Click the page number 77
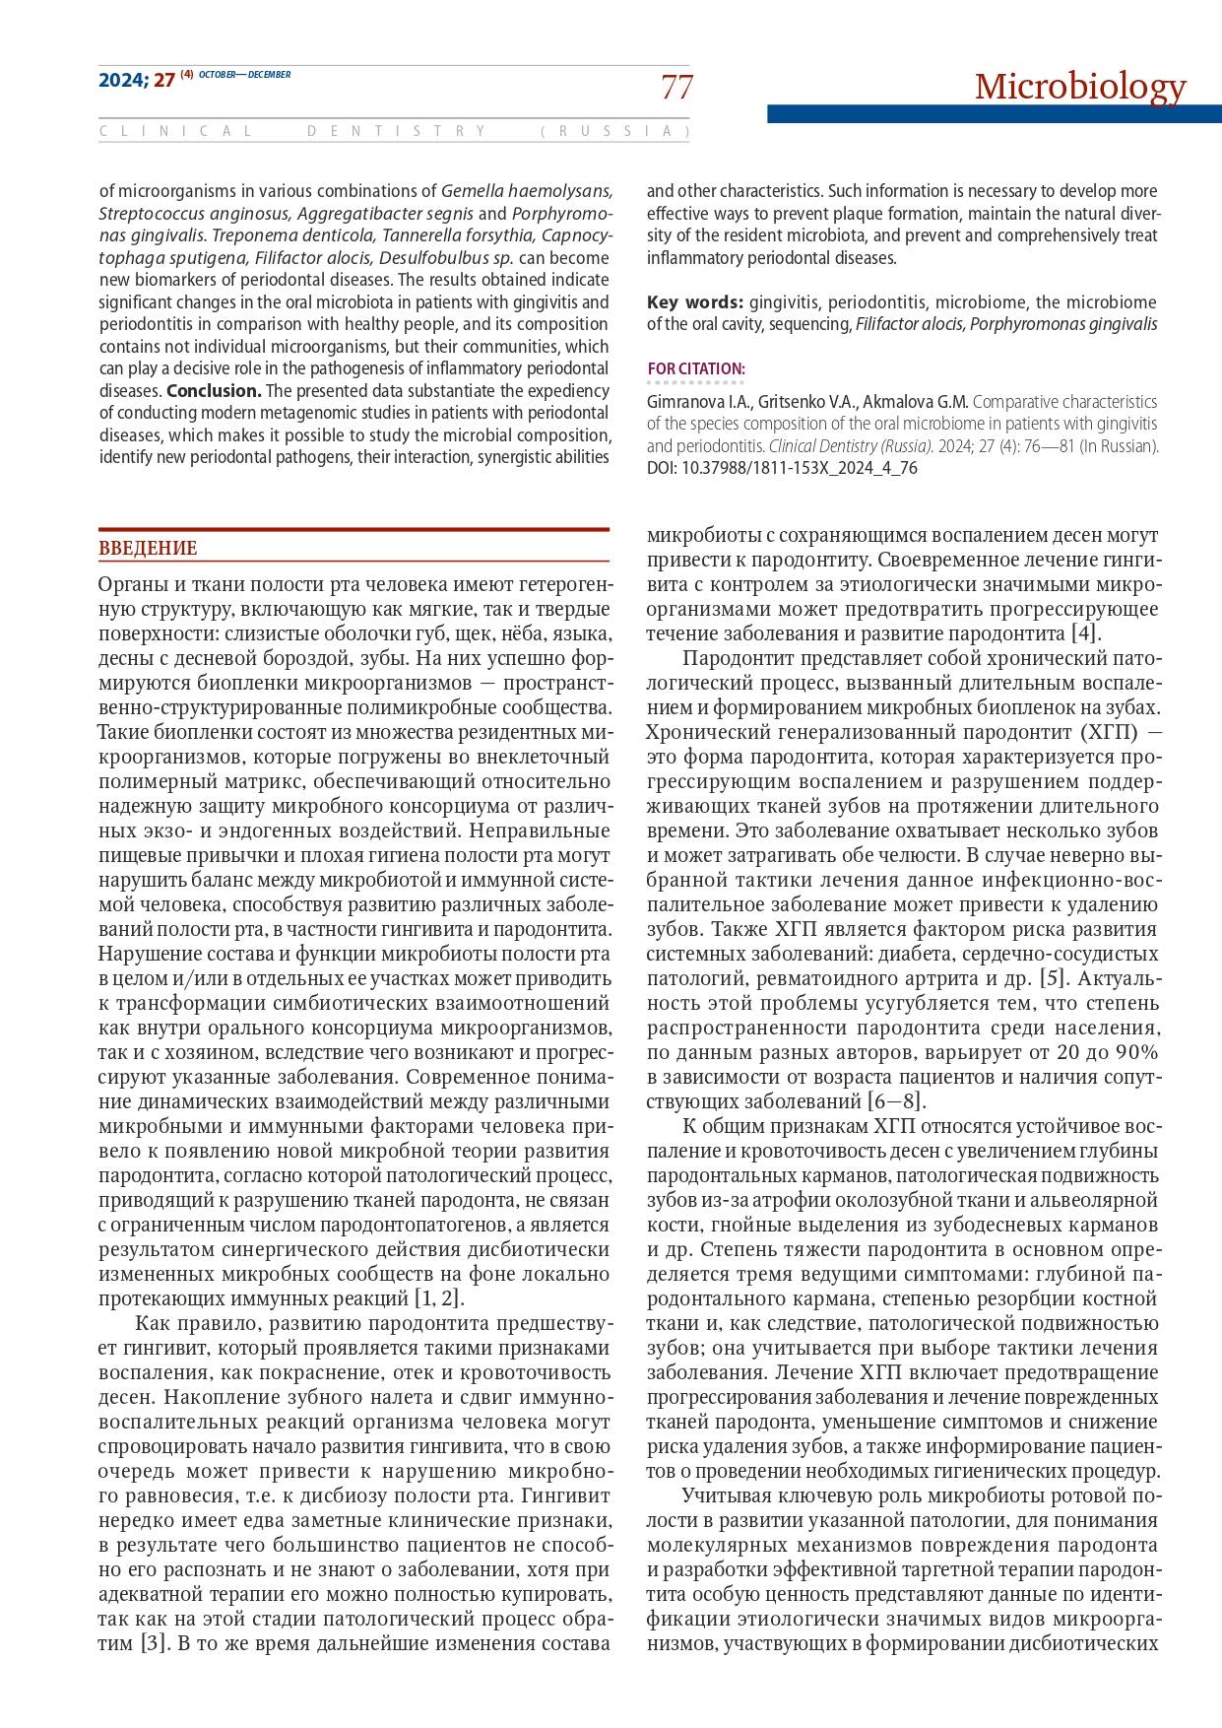pos(676,88)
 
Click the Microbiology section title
pos(1080,87)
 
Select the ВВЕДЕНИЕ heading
pos(148,549)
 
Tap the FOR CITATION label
pos(696,369)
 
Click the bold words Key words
pos(694,301)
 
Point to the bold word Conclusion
pos(214,390)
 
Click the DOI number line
pos(782,468)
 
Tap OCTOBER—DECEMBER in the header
pos(244,75)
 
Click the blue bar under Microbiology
pos(994,114)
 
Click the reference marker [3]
pos(151,1643)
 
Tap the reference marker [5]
pos(1054,978)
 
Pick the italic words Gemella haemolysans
pos(527,191)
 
